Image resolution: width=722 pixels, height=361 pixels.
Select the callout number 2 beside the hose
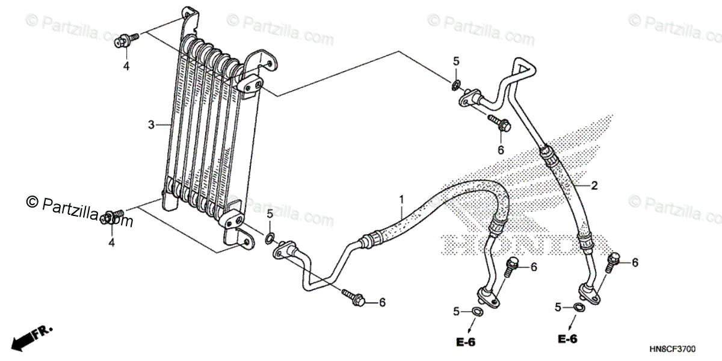[x=594, y=186]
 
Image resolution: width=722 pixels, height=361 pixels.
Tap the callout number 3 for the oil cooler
[x=151, y=125]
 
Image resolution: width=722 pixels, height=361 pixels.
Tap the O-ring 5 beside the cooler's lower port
[x=270, y=235]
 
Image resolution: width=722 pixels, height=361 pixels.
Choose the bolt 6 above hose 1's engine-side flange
[x=512, y=265]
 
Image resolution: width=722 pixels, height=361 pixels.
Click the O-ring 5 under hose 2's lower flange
[x=578, y=308]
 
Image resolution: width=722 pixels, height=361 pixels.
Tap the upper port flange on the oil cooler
[x=253, y=85]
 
